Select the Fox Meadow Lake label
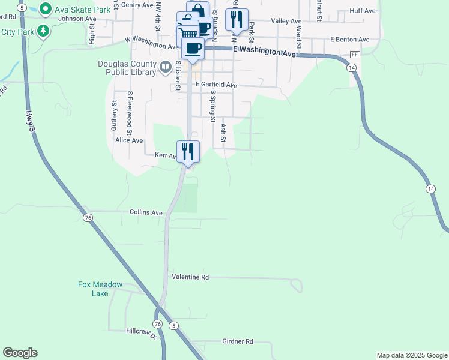100,289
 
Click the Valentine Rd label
190,277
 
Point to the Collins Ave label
146,212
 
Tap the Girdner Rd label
238,341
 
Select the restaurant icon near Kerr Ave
188,151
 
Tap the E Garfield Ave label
216,85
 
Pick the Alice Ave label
129,140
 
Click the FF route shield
355,55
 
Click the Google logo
20,353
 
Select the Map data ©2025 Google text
412,355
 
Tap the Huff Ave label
362,11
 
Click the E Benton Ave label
349,40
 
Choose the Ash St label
223,133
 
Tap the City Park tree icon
43,31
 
